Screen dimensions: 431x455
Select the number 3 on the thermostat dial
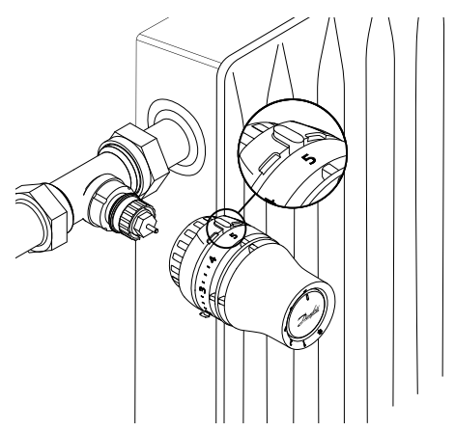click(200, 289)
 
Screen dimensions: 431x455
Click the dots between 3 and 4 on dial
click(206, 281)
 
